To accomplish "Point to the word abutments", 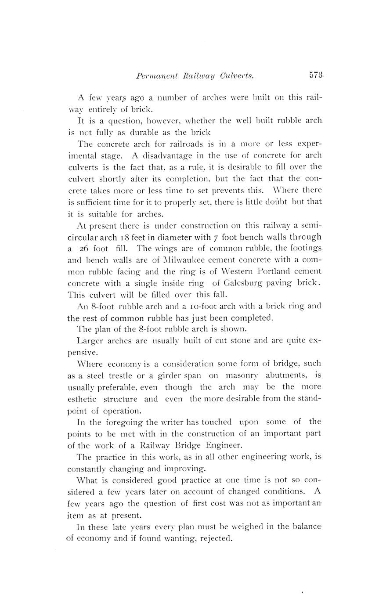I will coord(286,375).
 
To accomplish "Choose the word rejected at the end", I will coord(215,538).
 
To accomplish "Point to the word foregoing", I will coord(123,422).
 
